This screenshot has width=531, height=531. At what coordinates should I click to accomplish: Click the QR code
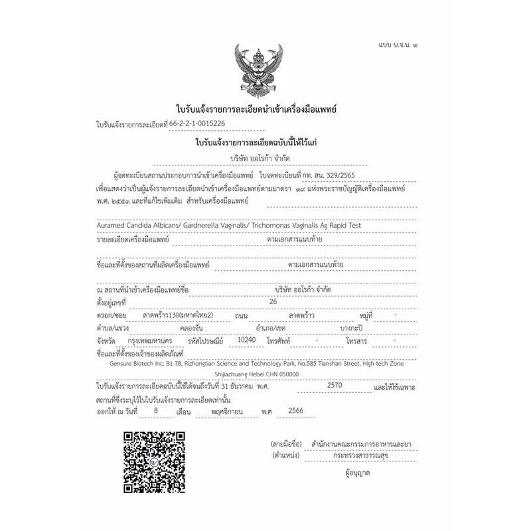155,461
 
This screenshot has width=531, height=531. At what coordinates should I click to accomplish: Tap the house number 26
272,301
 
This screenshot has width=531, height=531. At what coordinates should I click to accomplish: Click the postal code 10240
246,339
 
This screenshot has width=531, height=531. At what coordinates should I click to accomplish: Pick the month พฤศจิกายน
226,412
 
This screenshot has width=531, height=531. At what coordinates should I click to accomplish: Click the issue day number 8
155,412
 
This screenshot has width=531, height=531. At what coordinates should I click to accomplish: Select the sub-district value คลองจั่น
192,327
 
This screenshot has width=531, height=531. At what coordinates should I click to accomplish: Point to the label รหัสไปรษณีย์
206,340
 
